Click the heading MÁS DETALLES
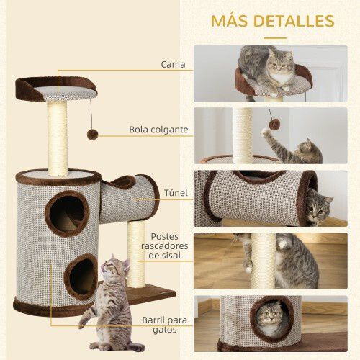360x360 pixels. click(272, 20)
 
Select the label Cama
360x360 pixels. click(173, 64)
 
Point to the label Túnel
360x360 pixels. click(176, 193)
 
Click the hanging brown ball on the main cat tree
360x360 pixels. click(93, 135)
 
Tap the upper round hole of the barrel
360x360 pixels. click(67, 213)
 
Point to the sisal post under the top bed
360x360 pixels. click(58, 137)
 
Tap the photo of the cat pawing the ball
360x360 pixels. click(270, 135)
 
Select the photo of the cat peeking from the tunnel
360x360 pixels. click(270, 197)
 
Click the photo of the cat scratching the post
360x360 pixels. click(270, 260)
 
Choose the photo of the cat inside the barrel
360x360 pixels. click(270, 322)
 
